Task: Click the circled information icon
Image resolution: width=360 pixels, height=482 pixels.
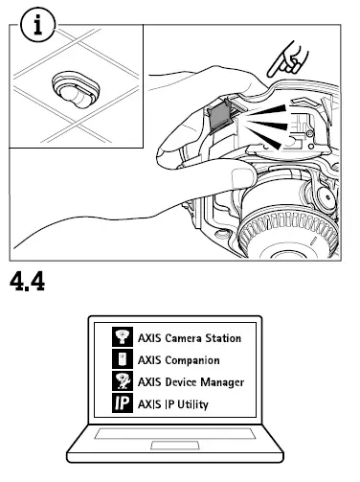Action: (x=37, y=26)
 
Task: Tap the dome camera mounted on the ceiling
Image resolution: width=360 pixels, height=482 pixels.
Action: (x=73, y=92)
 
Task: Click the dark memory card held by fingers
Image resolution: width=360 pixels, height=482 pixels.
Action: (x=218, y=118)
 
